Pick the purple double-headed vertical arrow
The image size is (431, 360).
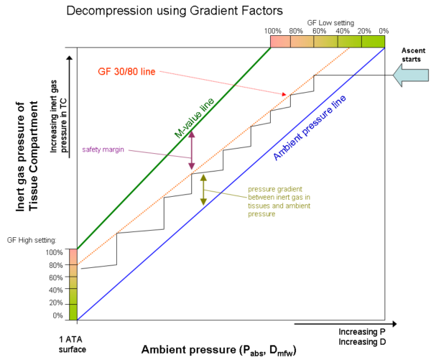[192, 151]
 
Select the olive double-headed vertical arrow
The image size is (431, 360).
[203, 190]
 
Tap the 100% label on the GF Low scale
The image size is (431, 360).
[273, 32]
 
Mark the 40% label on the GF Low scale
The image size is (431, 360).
[343, 32]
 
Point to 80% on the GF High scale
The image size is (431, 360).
[55, 265]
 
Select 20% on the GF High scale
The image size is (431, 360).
[55, 303]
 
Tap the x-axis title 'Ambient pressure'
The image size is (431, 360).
[218, 350]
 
